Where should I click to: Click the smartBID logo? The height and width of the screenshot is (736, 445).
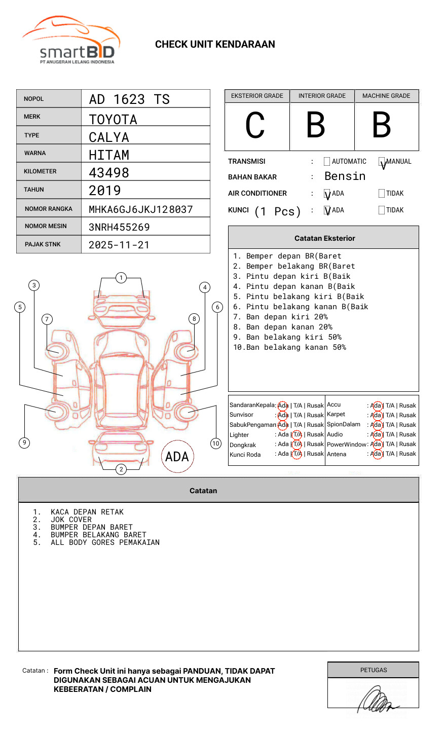coord(71,41)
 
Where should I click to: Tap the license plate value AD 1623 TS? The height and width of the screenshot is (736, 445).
coord(129,99)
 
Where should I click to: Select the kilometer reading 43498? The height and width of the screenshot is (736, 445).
coord(109,173)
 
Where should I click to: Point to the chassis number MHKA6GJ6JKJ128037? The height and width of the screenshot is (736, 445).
coord(141,209)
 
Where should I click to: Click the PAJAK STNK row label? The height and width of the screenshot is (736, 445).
coord(43,244)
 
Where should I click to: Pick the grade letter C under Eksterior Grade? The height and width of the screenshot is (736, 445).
coord(255,126)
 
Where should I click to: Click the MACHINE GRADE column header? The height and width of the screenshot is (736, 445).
coord(386,96)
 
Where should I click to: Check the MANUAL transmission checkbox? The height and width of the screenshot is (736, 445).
coord(382,162)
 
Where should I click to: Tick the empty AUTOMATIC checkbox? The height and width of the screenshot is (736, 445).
coord(327,162)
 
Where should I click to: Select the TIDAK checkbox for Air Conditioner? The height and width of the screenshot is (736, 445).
coord(382,194)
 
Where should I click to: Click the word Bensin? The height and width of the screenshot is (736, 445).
coord(345,176)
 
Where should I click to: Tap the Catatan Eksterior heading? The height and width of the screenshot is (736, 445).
coord(324,238)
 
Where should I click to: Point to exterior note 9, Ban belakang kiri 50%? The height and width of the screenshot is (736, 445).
coord(287,337)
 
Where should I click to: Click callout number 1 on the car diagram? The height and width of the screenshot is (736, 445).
coord(121,278)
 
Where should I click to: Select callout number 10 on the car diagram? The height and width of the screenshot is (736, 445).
coord(216,444)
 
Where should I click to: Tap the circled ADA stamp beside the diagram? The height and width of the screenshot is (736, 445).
coord(177,457)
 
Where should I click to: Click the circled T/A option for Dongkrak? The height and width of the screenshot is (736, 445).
coord(297,444)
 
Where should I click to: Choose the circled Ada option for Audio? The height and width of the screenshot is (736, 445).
coord(377,434)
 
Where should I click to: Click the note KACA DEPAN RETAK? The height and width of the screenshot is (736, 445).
coord(87,512)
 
